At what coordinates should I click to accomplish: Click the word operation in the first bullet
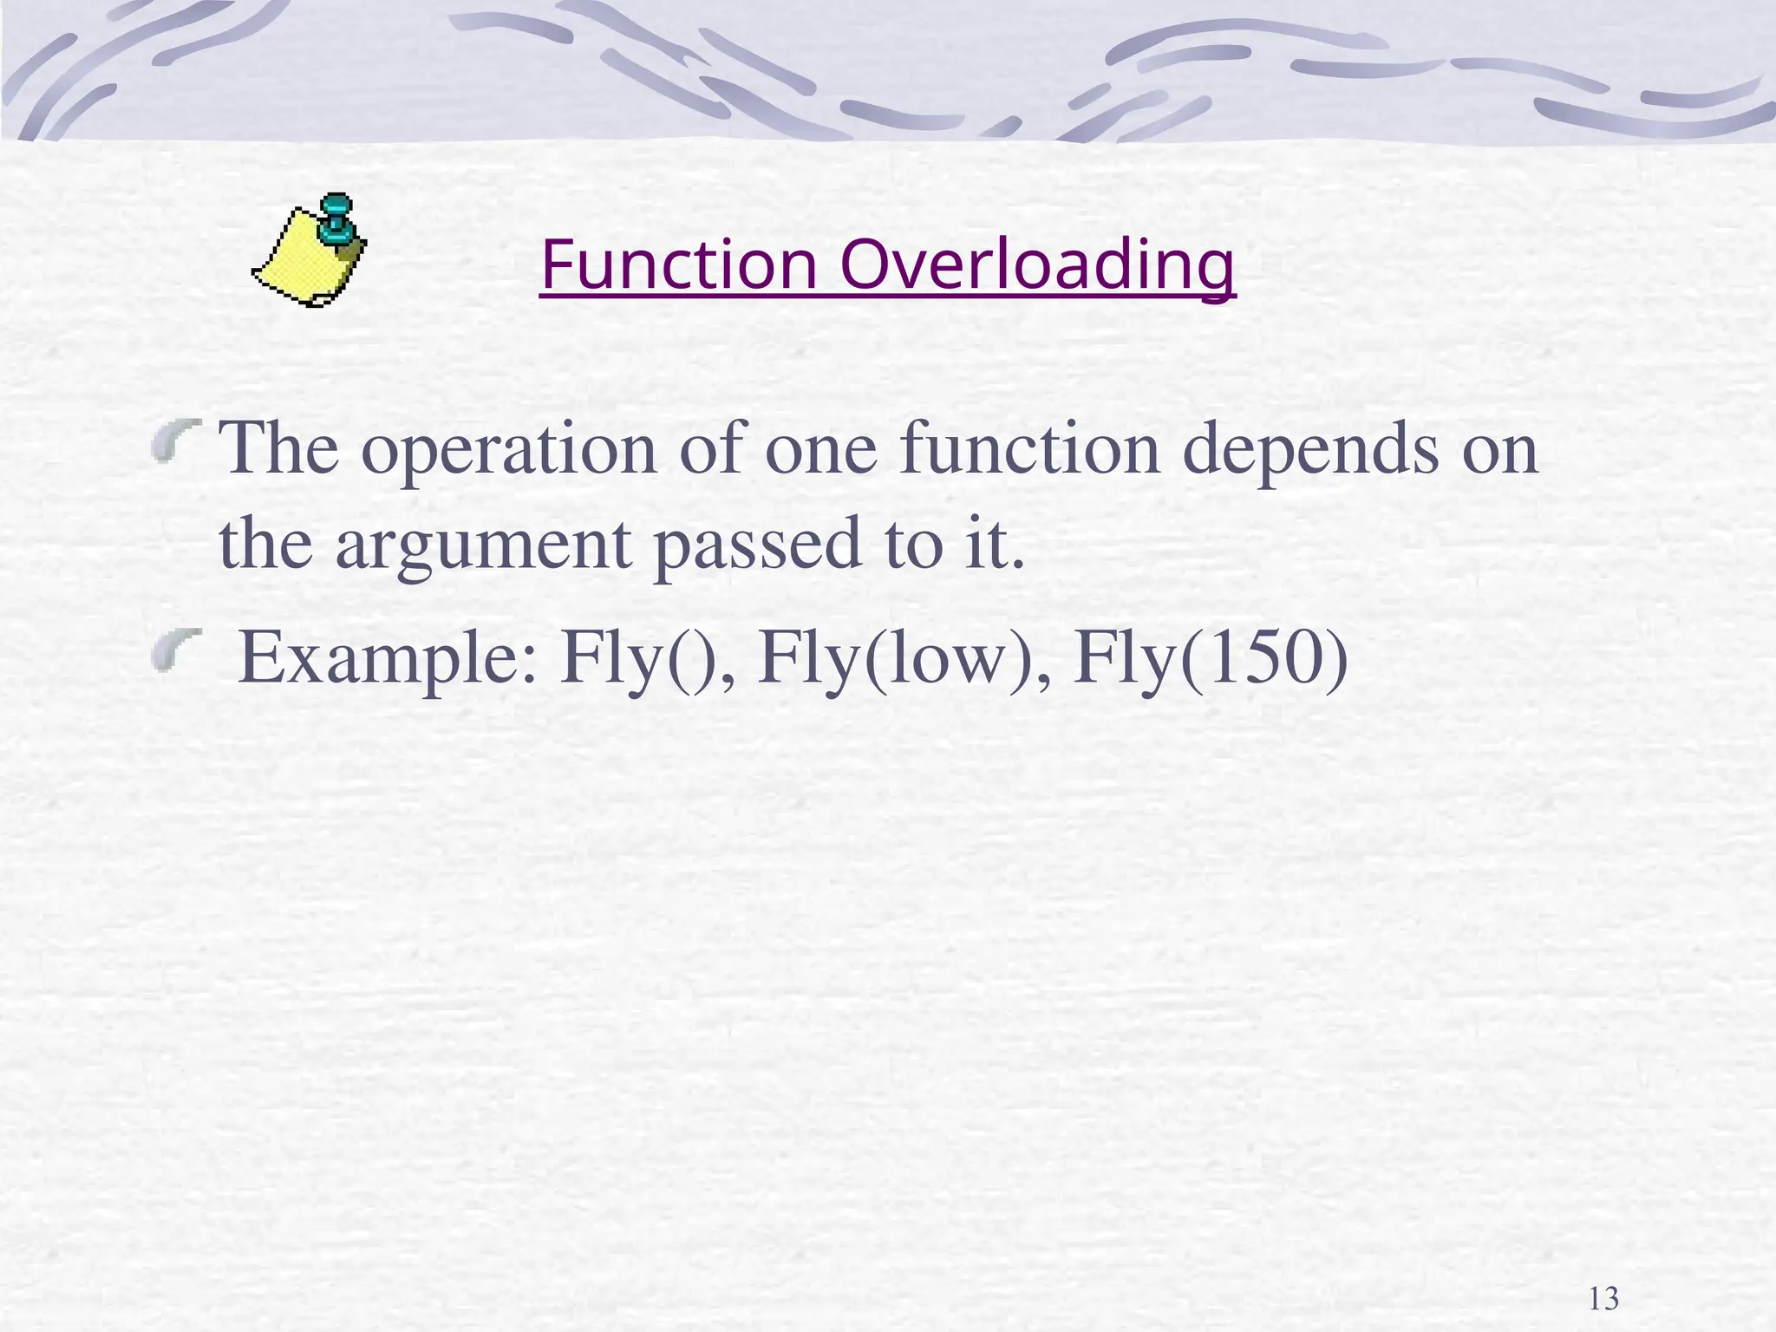point(509,451)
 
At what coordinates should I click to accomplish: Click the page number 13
point(1603,1299)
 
